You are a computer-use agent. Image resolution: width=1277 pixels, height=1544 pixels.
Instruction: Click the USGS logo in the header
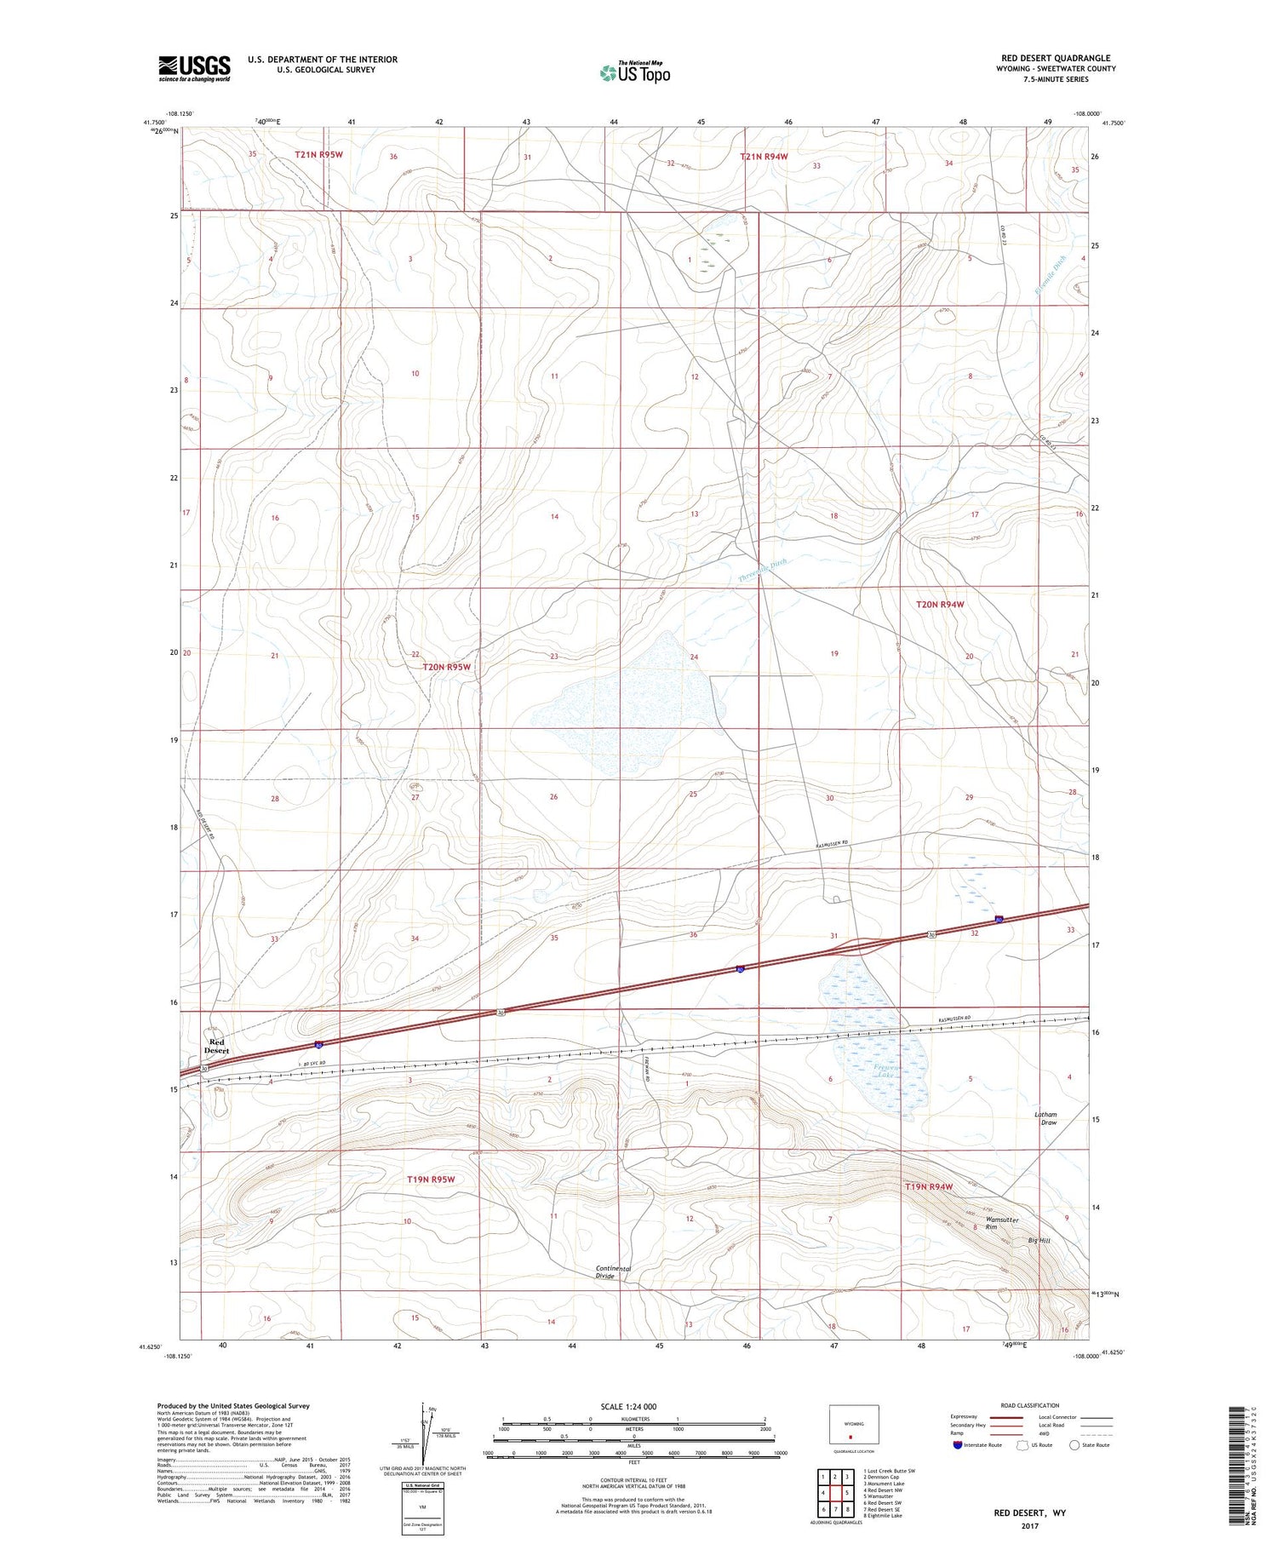click(x=194, y=68)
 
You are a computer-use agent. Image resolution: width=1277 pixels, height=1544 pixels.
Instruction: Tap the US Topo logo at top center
click(x=634, y=72)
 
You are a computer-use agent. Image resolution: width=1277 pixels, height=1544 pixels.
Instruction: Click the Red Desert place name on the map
click(x=216, y=1047)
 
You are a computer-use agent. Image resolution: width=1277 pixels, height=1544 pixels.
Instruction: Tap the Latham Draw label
click(x=1045, y=1118)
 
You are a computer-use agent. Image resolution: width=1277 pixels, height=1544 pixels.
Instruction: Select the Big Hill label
click(x=1039, y=1241)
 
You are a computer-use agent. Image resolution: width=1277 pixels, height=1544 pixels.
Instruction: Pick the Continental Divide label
click(x=613, y=1272)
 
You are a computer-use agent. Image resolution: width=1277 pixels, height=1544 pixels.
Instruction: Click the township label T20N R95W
click(x=447, y=667)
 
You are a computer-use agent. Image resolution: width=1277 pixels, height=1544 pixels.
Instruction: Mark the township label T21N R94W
click(x=768, y=156)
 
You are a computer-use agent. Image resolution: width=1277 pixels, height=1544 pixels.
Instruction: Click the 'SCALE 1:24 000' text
click(x=628, y=1406)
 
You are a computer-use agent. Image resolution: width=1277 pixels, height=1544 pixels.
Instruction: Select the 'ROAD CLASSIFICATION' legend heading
click(x=1030, y=1405)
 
